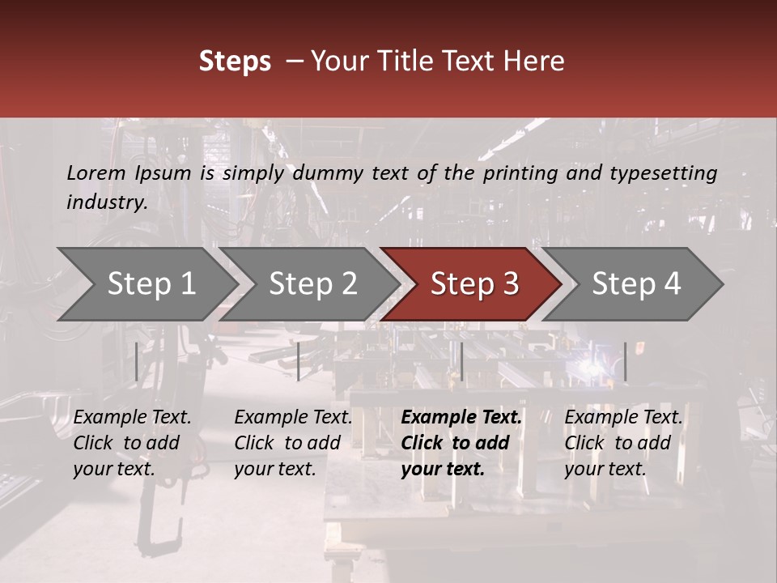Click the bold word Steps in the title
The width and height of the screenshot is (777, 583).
(x=235, y=62)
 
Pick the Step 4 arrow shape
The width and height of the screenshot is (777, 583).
(x=636, y=283)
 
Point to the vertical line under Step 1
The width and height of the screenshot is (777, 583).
(x=137, y=361)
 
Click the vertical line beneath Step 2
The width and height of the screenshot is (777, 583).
(x=299, y=361)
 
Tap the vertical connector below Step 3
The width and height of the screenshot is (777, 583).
(x=461, y=361)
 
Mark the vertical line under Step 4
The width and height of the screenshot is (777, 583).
(x=625, y=361)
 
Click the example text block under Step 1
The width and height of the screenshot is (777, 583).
(x=132, y=443)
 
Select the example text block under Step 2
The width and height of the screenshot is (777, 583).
(x=293, y=443)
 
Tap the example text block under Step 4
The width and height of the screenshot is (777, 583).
(x=623, y=443)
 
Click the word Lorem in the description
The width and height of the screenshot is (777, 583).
(x=96, y=172)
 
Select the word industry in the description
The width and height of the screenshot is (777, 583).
(x=107, y=202)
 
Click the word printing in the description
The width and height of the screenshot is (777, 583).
(x=517, y=172)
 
